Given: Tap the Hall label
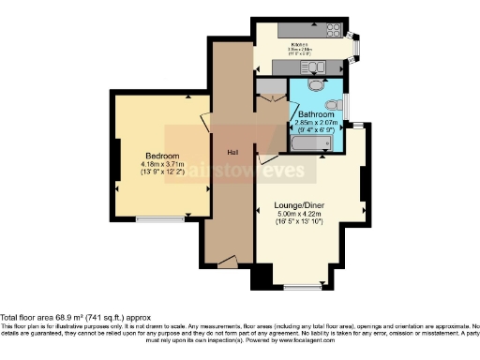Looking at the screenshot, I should click(x=229, y=154).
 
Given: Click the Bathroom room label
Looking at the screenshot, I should click(x=313, y=114).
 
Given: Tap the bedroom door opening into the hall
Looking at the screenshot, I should click(x=206, y=127).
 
